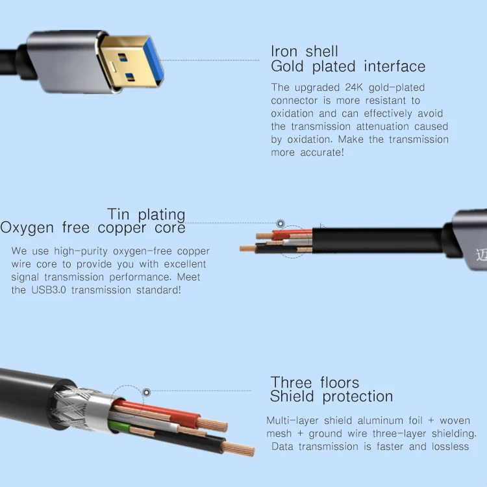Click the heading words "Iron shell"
[305, 51]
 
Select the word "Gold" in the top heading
[287, 66]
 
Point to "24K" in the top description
[354, 88]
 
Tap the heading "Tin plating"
[146, 215]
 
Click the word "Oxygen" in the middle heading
[27, 229]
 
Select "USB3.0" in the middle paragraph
[49, 290]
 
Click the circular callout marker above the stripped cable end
[281, 223]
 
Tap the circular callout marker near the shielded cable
[147, 392]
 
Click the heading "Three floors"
[315, 382]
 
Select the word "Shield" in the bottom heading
[292, 396]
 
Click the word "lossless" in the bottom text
[451, 447]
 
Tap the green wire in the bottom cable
[119, 426]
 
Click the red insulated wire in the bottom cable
[158, 412]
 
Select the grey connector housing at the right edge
[469, 239]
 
